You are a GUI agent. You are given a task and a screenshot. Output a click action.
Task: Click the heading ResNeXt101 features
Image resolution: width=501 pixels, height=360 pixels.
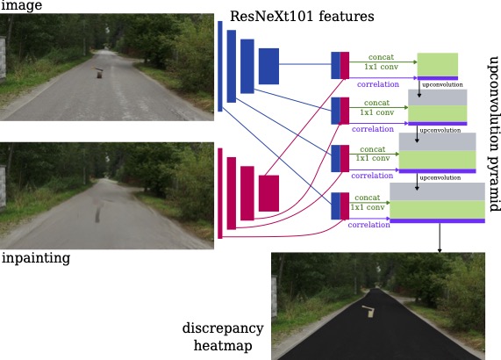[x=302, y=16]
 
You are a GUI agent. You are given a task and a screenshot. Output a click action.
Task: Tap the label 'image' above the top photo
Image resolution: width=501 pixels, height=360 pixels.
[x=21, y=5]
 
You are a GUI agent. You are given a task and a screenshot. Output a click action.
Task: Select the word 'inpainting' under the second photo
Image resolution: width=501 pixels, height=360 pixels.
[x=36, y=258]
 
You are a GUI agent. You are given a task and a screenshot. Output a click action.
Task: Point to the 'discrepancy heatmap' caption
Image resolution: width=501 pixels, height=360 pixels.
[x=223, y=336]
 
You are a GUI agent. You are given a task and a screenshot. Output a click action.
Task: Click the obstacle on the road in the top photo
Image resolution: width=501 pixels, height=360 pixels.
[x=99, y=73]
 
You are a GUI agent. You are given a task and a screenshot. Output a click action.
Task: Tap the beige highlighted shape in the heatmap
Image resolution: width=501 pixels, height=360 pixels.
[x=369, y=311]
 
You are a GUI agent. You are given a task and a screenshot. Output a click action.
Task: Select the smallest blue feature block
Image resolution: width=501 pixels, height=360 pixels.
[x=268, y=66]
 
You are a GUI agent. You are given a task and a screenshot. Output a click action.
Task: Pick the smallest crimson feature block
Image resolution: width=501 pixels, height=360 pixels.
[x=268, y=193]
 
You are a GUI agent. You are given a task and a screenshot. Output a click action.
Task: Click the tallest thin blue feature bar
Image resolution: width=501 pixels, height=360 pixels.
[x=220, y=66]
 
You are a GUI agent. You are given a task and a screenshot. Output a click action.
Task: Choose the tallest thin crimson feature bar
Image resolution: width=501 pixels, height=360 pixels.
[x=220, y=193]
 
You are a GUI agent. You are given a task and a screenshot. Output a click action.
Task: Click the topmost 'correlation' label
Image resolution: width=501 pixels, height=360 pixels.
[x=378, y=84]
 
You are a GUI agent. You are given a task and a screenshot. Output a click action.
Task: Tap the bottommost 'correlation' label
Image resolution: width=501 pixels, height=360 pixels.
[x=369, y=225]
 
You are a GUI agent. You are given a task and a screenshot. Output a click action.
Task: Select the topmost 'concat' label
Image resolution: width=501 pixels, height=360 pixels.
[x=381, y=57]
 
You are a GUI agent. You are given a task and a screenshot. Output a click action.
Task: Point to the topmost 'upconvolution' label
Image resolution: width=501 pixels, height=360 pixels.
[x=442, y=84]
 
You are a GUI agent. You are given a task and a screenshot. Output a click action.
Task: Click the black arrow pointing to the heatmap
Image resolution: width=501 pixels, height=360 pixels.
[x=440, y=238]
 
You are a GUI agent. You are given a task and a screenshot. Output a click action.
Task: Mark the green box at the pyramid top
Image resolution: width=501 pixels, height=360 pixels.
[x=438, y=65]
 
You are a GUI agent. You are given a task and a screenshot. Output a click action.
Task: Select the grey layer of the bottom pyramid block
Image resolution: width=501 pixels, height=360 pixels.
[x=438, y=191]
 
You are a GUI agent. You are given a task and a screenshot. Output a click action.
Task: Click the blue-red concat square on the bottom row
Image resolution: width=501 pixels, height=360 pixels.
[x=340, y=205]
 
